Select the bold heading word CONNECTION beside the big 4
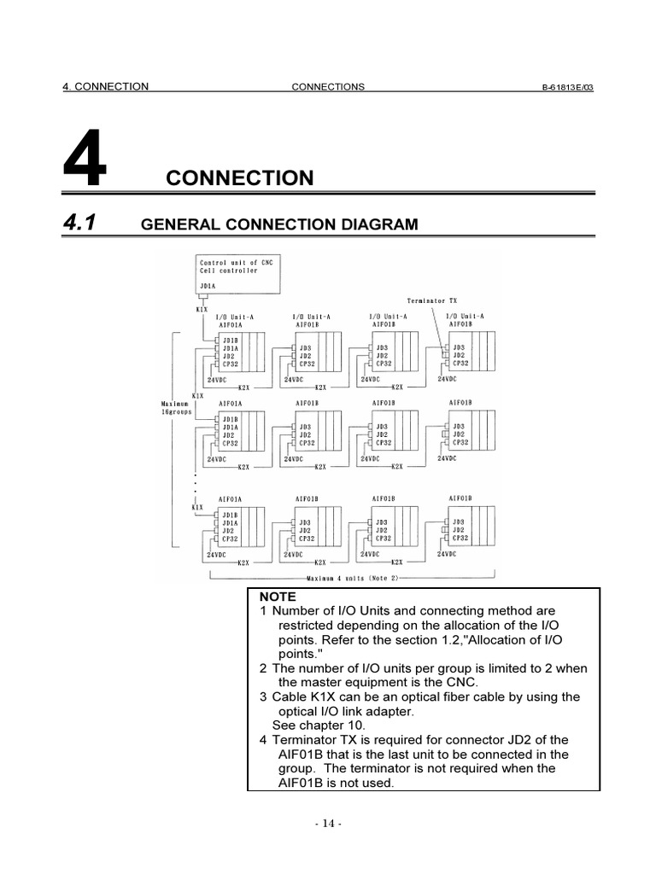tap(240, 178)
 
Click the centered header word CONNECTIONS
tap(328, 87)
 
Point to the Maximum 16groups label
tap(178, 407)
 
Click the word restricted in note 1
tap(307, 625)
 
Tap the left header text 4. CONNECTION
tap(106, 87)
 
